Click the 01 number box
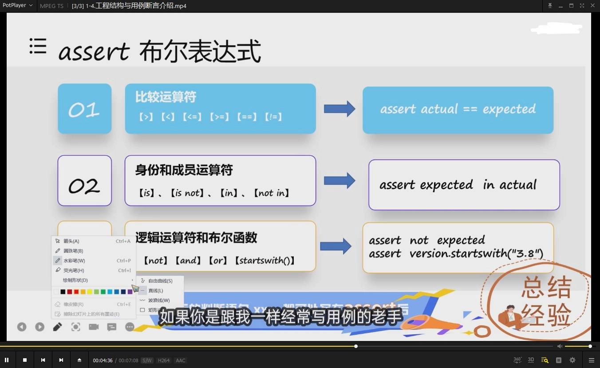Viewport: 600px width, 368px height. [84, 109]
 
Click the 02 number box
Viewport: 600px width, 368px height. [84, 181]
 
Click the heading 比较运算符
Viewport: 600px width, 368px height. [166, 97]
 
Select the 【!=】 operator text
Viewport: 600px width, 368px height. [273, 117]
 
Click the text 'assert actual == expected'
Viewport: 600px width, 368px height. [458, 109]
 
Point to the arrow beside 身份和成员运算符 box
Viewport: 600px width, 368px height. [339, 181]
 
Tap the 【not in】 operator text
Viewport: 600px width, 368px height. [272, 193]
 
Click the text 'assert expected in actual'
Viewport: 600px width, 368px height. [458, 185]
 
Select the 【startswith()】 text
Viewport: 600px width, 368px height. [265, 261]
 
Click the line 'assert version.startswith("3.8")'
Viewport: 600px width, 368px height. [456, 254]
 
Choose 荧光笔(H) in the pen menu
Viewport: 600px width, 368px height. [73, 270]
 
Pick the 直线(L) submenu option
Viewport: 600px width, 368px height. [155, 291]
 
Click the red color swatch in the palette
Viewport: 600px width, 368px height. [76, 292]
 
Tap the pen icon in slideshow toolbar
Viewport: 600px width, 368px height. [57, 327]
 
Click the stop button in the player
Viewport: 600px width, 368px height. [25, 360]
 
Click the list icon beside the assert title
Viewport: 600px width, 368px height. [38, 46]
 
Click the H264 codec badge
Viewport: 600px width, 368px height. [164, 360]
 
